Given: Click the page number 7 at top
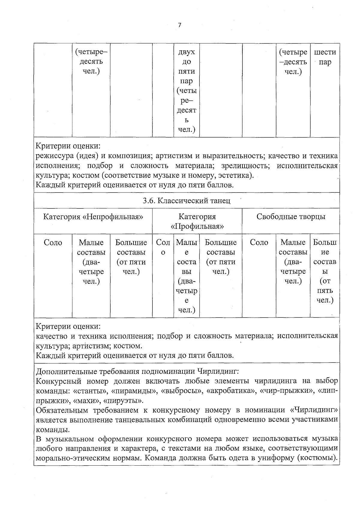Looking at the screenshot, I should pos(180,25).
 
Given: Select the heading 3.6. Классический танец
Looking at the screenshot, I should pos(187,201).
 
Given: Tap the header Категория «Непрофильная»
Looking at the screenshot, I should pos(93,217).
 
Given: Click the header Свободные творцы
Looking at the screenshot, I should pos(291,217).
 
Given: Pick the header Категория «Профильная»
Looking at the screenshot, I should pos(197,221).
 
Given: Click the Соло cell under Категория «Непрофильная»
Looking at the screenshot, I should pos(53,243).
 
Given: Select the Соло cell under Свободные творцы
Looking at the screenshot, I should pos(259,243).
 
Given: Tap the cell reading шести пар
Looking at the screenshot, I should pos(325,57).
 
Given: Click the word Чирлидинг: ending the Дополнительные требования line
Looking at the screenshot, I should pos(218,371).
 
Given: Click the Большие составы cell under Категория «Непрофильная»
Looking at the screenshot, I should pos(131,257).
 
